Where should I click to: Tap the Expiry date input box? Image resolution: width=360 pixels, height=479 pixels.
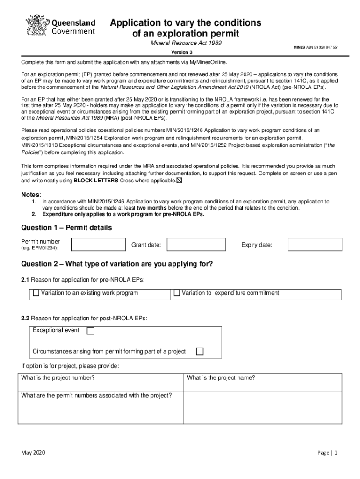tap(315, 245)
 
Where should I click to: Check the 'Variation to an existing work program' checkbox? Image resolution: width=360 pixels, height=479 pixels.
tap(36, 293)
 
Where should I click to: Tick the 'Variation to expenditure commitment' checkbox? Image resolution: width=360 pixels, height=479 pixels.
tap(177, 293)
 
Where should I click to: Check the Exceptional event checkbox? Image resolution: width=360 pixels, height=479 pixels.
tap(91, 331)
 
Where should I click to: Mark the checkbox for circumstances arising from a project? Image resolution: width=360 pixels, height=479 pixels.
tap(200, 351)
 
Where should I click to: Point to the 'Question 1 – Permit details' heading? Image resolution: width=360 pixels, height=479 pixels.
tap(67, 228)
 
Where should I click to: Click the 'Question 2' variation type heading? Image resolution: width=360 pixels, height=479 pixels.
tap(117, 264)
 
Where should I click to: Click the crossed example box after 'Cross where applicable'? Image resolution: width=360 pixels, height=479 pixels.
tap(180, 181)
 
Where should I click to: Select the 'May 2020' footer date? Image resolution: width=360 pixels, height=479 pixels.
tap(33, 453)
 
